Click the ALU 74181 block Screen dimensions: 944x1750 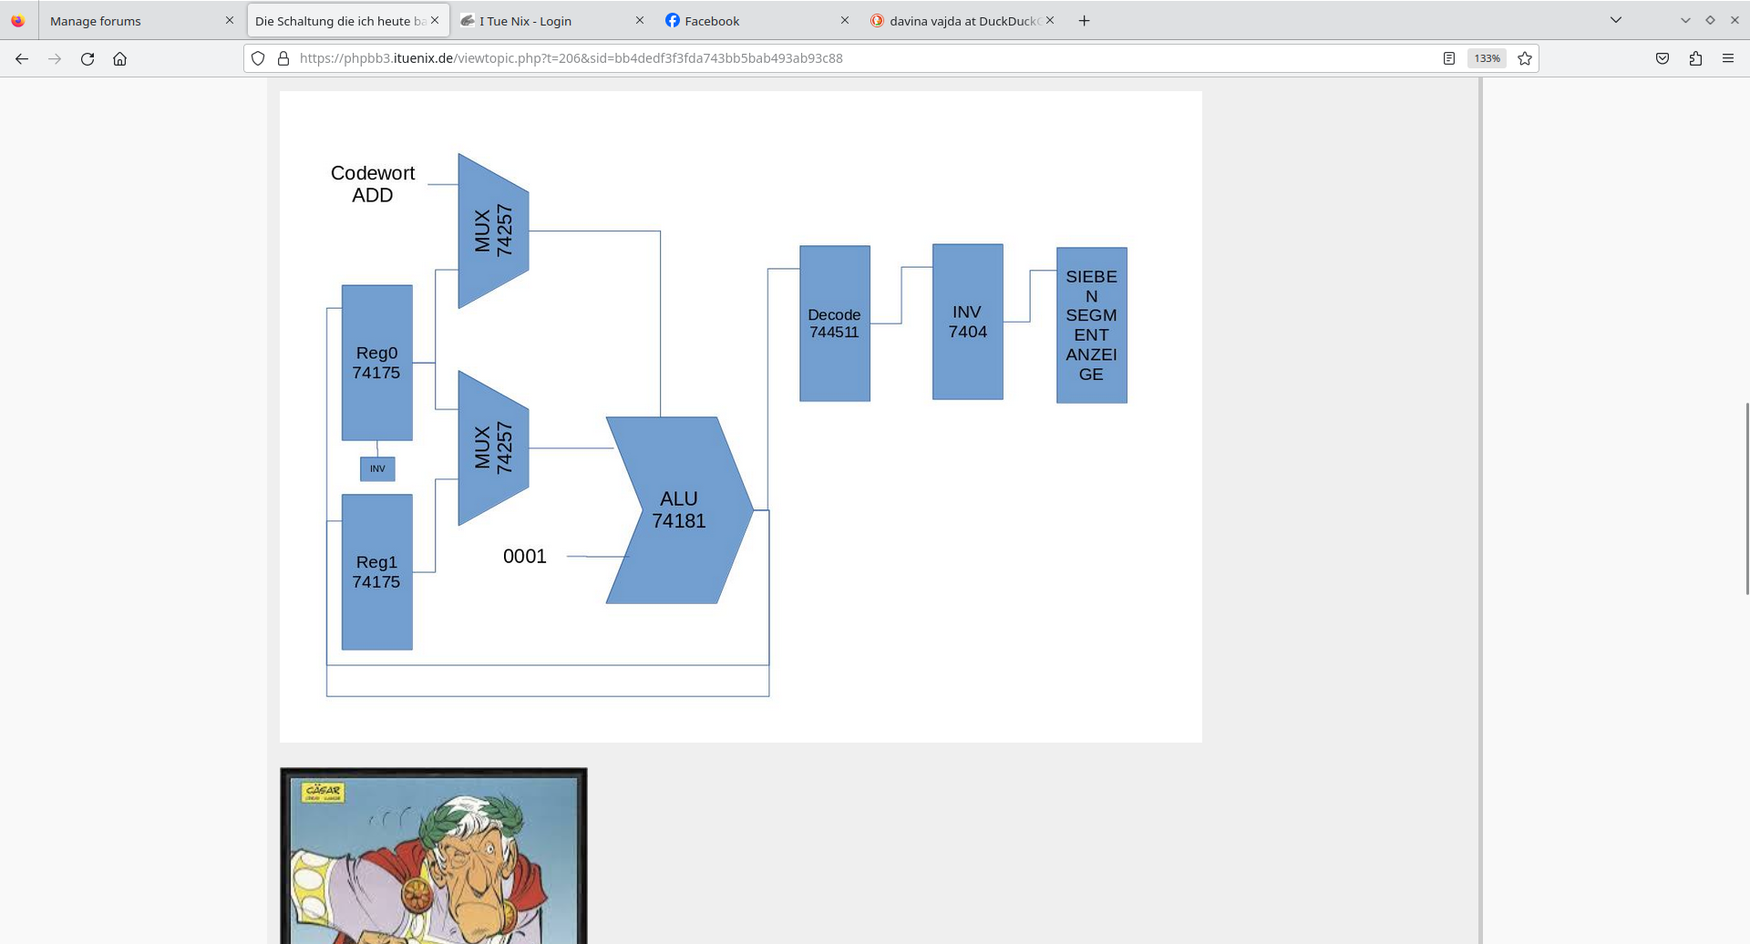click(x=679, y=510)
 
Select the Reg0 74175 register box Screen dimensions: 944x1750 click(x=376, y=363)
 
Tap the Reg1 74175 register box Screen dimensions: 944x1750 click(x=376, y=572)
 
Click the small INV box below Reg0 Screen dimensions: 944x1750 click(x=377, y=468)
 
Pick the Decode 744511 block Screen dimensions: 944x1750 click(x=834, y=323)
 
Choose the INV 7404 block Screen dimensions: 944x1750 click(x=967, y=322)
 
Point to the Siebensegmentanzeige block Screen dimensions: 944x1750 click(x=1091, y=325)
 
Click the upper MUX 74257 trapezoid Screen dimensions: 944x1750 click(x=493, y=231)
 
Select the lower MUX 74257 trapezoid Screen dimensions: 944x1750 click(x=493, y=447)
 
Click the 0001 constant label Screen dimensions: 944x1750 click(x=525, y=556)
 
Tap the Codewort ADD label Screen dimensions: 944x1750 click(x=373, y=184)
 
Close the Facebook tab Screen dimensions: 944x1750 click(x=844, y=20)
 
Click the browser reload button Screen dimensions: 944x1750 click(x=87, y=58)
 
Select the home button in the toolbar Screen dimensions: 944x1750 click(x=119, y=58)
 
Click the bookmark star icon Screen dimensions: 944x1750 click(x=1525, y=58)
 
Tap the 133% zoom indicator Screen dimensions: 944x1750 click(x=1487, y=58)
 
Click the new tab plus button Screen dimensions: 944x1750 click(x=1084, y=20)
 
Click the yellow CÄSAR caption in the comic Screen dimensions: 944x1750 click(x=323, y=791)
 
